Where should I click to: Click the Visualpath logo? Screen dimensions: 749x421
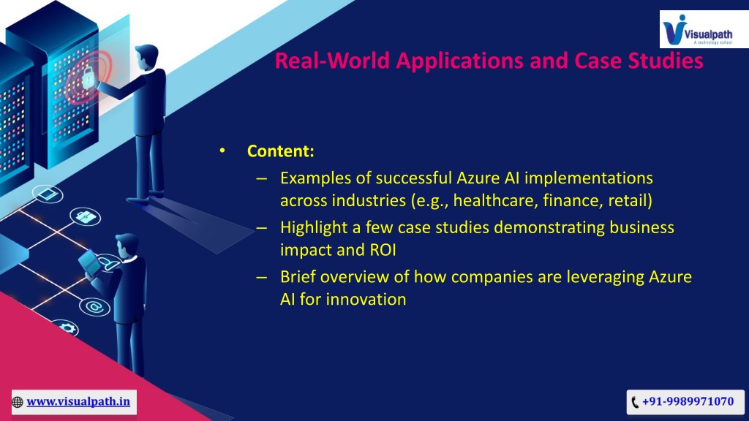tap(698, 29)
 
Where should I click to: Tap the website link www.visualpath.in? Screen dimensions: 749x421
tap(78, 401)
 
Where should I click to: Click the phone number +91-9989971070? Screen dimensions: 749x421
tap(688, 401)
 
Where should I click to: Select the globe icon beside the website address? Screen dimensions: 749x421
tap(18, 402)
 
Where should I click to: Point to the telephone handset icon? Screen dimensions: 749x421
tap(635, 402)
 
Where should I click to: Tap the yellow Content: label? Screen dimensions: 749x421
tap(280, 151)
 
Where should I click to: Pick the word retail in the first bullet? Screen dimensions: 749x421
tap(630, 200)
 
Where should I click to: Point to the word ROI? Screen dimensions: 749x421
tap(383, 250)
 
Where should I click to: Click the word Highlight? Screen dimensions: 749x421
tap(314, 228)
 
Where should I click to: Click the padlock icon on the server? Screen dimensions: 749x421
tap(88, 77)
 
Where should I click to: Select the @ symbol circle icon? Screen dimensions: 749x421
tap(94, 306)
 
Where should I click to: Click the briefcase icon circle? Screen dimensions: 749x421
tap(86, 216)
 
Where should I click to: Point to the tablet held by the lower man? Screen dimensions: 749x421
tap(90, 262)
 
